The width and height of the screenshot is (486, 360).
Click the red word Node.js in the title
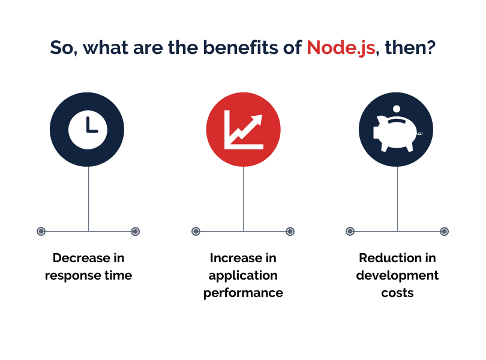[x=341, y=48]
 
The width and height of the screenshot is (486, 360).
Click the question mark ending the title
[x=430, y=47]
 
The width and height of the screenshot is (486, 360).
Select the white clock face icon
[x=88, y=130]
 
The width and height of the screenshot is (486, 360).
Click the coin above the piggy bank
[x=397, y=109]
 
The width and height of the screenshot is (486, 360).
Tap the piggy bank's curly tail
[x=419, y=133]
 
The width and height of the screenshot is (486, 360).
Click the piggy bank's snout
[x=376, y=133]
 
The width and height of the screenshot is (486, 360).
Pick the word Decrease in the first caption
[x=82, y=258]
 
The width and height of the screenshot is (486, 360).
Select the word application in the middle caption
[x=243, y=276]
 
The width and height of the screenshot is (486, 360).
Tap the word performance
[x=244, y=293]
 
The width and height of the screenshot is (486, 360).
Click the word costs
[x=397, y=293]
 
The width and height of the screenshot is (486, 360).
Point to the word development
[x=397, y=275]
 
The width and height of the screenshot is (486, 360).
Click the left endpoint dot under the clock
[x=41, y=232]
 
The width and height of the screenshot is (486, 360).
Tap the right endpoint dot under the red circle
[x=290, y=232]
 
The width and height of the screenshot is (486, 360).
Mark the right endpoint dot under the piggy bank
[x=444, y=232]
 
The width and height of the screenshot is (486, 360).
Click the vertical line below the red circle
[x=244, y=199]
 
